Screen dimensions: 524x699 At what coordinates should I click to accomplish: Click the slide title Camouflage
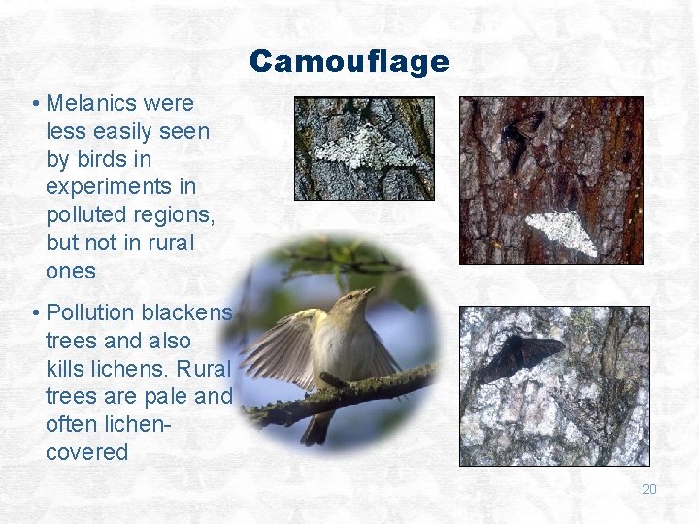point(349,62)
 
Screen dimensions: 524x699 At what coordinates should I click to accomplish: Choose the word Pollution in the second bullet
point(90,313)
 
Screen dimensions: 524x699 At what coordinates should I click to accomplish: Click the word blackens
point(187,313)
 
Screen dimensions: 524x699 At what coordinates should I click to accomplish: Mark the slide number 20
point(649,489)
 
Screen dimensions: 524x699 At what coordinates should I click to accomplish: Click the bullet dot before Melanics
point(34,104)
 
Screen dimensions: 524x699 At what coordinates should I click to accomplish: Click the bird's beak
point(366,291)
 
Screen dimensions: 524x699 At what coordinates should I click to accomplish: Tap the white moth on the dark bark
point(560,233)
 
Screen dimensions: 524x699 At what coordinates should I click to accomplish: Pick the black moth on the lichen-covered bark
point(519,356)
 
